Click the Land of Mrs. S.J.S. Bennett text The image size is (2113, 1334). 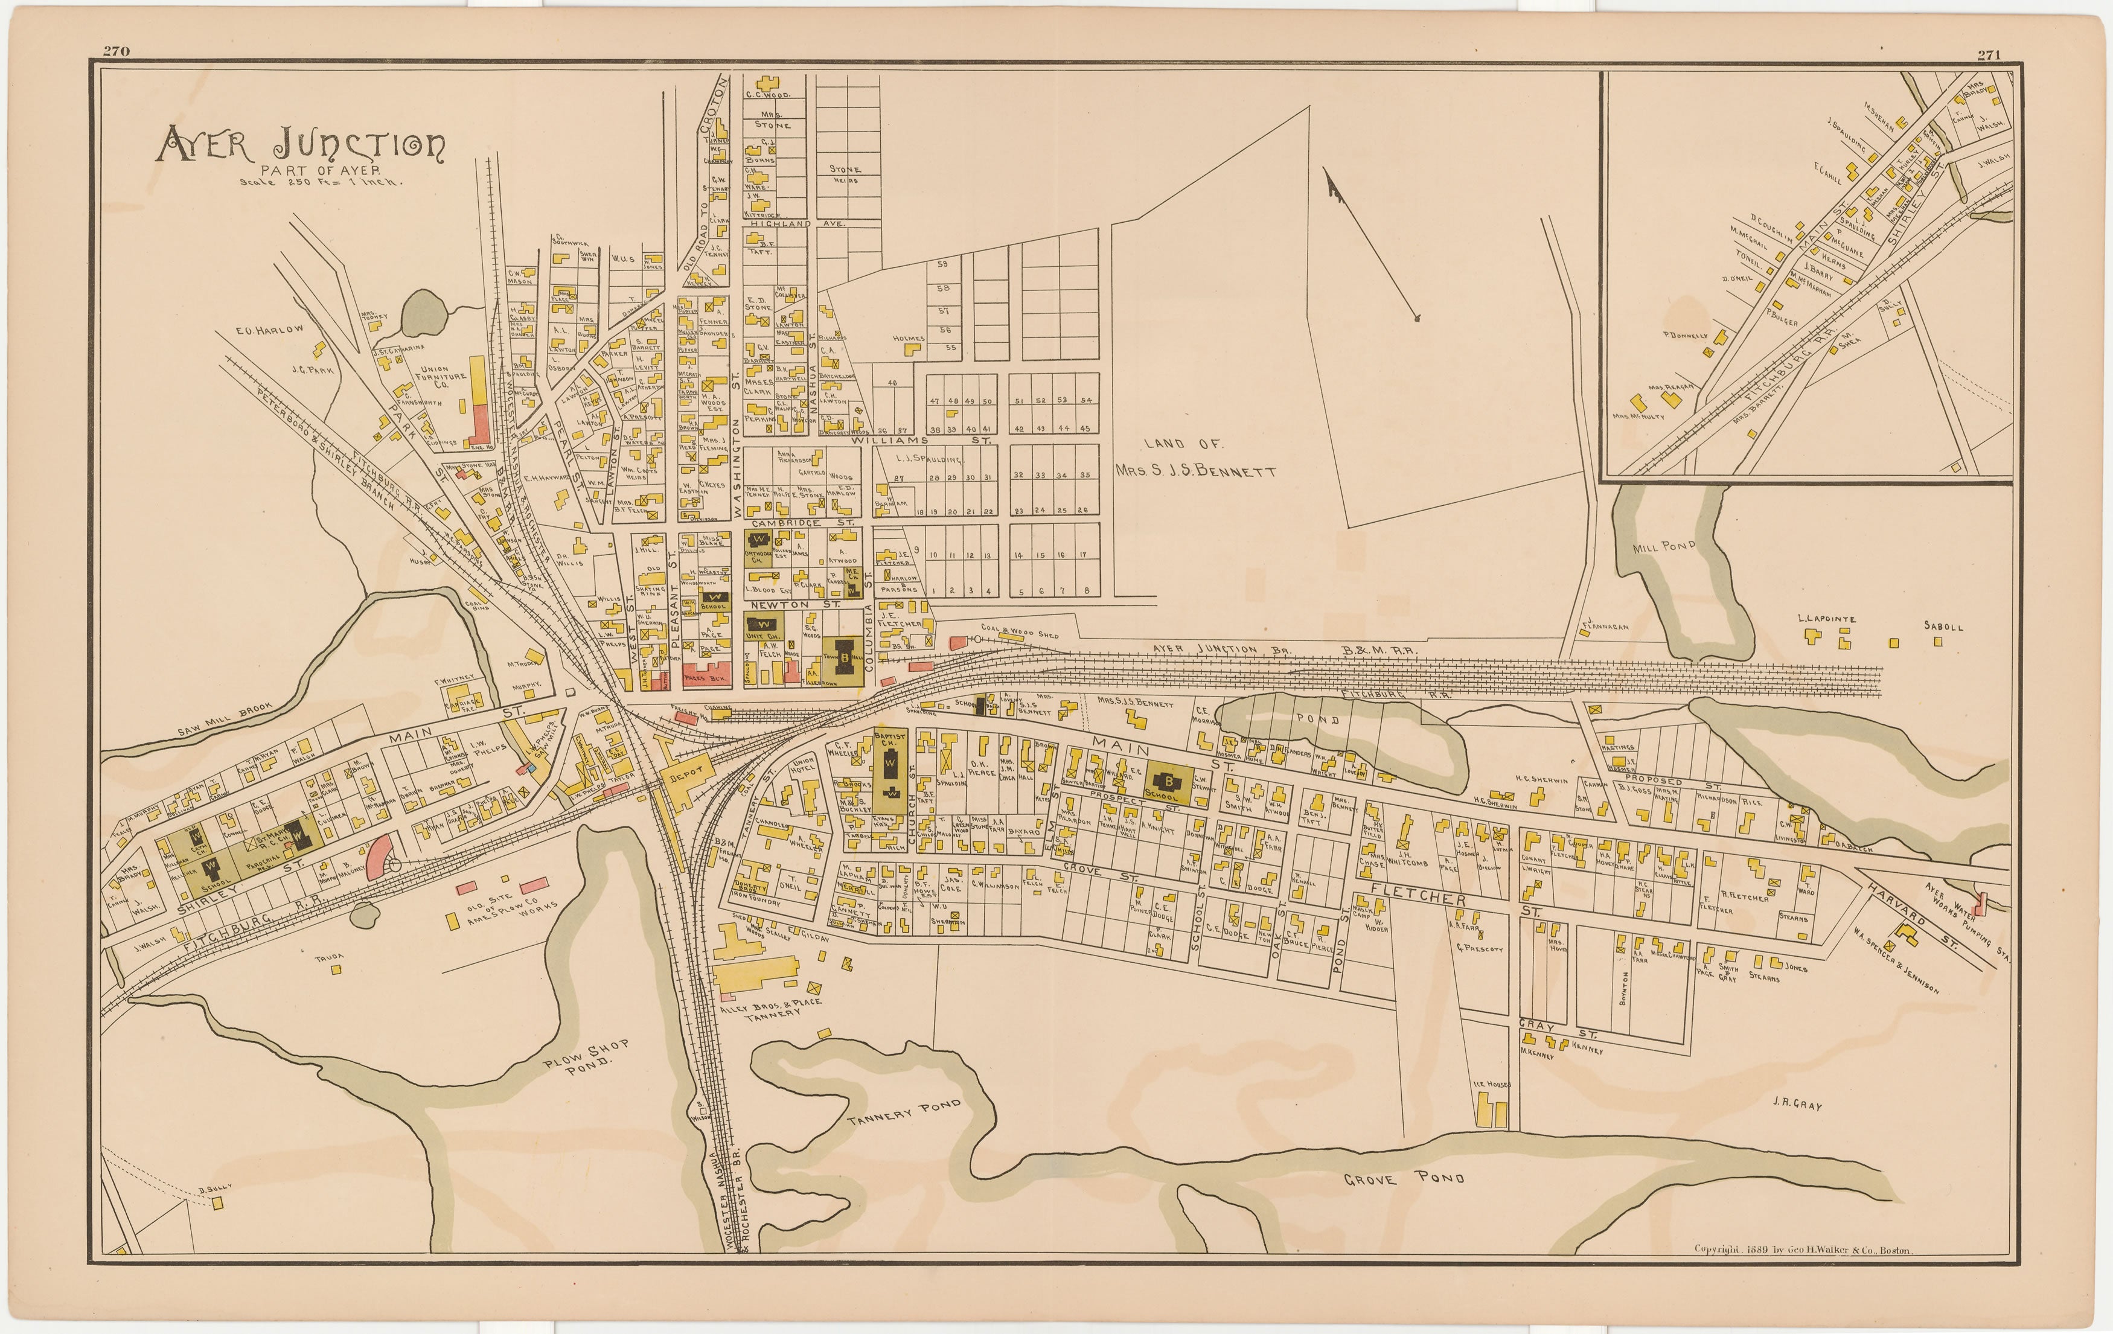[x=1195, y=458]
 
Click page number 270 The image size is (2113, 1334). [x=117, y=51]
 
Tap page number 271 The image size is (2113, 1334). [x=1989, y=54]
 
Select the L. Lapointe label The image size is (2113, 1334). [x=1826, y=619]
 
